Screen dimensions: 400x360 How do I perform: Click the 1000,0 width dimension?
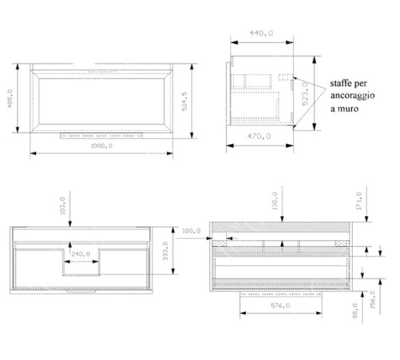101,146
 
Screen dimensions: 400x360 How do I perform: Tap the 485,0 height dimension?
10,98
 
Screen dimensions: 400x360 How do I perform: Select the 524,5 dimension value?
184,101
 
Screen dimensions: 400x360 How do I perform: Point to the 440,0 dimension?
261,33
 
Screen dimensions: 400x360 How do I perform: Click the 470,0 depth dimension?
259,136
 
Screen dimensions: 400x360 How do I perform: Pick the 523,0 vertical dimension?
305,93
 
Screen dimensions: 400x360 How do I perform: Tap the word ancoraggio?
353,96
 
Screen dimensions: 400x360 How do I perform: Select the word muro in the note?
348,109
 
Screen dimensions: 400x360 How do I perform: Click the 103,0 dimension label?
63,205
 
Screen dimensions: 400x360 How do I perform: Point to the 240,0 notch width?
81,254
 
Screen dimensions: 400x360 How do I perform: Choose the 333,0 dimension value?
165,251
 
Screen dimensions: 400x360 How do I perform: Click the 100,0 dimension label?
191,231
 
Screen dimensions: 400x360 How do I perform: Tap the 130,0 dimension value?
275,201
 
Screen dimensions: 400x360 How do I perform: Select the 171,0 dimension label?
359,201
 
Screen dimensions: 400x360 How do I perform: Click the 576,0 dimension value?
280,305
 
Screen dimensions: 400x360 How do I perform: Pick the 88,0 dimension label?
355,311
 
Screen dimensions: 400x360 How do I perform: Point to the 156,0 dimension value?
373,300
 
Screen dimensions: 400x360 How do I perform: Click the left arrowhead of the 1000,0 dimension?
33,153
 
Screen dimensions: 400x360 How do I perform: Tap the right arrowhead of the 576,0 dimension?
319,313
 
